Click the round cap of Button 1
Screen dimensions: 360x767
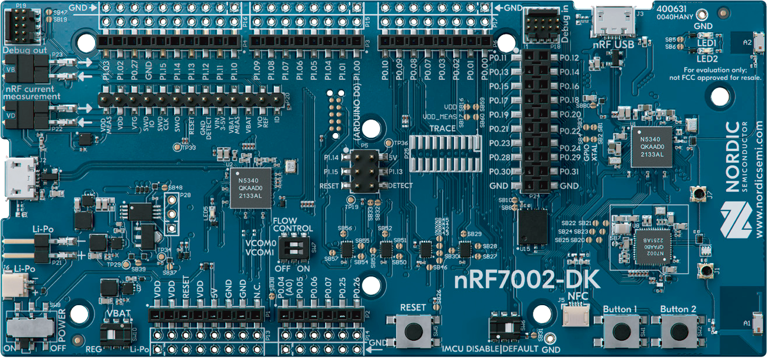click(621, 331)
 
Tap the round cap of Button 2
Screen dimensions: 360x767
click(678, 331)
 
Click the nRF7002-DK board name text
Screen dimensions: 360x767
click(527, 281)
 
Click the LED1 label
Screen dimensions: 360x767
click(707, 44)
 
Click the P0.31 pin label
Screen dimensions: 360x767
click(569, 172)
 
